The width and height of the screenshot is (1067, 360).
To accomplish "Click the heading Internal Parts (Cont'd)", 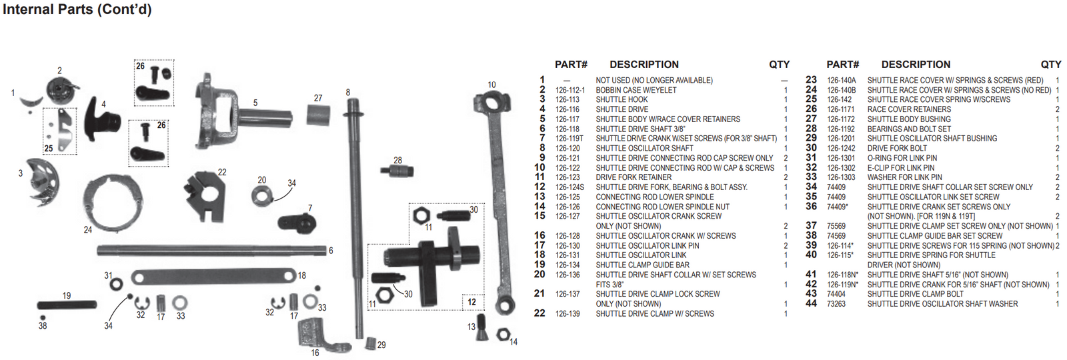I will [77, 10].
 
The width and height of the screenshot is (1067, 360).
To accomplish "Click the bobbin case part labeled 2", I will [61, 90].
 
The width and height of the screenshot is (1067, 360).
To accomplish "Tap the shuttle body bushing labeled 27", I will [319, 115].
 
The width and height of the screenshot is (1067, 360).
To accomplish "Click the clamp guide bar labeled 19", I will [67, 305].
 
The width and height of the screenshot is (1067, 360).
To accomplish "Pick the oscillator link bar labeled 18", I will [213, 276].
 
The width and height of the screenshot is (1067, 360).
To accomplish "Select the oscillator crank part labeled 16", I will [313, 333].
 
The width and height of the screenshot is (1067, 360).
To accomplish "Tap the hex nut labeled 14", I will [503, 333].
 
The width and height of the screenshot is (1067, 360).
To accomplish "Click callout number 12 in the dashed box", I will [471, 302].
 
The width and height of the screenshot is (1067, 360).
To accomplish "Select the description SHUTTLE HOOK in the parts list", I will [622, 100].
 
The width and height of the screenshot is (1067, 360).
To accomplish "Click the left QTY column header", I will [779, 65].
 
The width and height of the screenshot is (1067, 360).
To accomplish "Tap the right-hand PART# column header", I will [842, 65].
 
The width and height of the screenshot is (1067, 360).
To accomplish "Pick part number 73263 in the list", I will [836, 304].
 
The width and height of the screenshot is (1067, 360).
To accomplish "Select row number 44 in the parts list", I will [811, 303].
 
